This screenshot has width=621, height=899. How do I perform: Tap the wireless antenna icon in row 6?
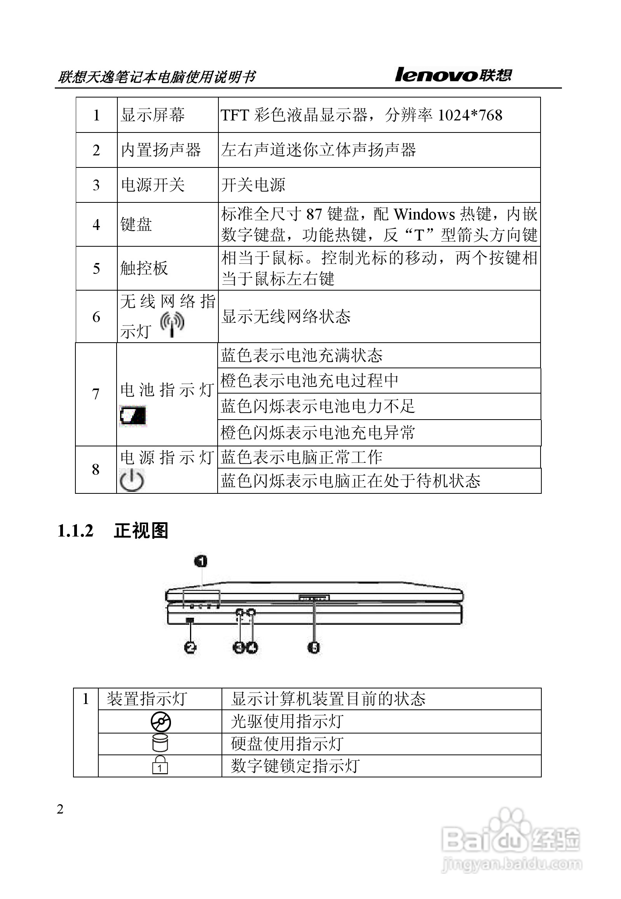173,324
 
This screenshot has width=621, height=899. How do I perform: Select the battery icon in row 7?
133,416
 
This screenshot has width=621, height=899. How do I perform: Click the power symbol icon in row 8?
131,481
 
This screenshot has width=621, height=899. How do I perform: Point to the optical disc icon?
161,722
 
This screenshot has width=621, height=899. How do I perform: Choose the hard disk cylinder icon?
160,743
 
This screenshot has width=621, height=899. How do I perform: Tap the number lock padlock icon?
160,765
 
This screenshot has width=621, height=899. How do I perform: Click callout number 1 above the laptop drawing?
201,561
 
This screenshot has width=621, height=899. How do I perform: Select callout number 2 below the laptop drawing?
190,647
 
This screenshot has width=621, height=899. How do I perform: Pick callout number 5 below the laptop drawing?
314,647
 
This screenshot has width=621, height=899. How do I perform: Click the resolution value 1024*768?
470,115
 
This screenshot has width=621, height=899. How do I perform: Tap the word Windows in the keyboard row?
424,214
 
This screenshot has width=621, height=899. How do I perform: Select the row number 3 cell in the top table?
96,185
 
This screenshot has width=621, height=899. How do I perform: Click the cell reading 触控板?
144,268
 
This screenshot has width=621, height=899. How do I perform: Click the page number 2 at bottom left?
60,809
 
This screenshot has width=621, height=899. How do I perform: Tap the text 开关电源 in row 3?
253,185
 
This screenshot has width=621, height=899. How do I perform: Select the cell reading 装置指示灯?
147,699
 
